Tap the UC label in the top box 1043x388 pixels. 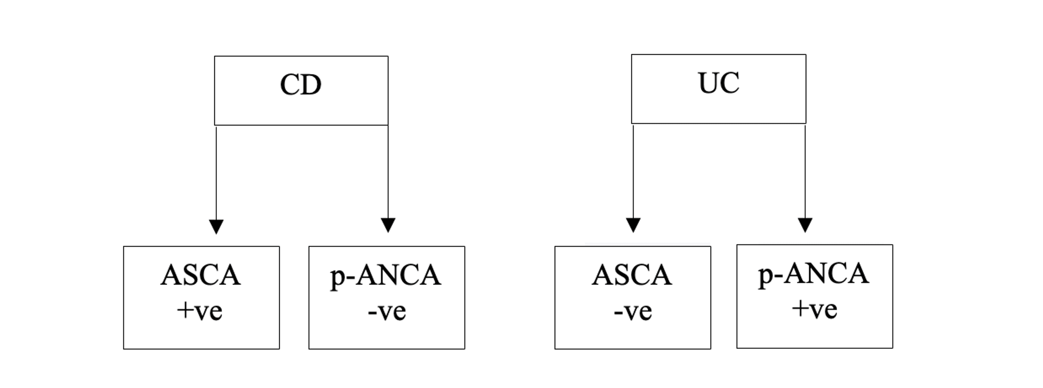tap(719, 83)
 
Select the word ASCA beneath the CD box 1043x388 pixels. tap(201, 275)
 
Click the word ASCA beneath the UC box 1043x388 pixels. tap(632, 275)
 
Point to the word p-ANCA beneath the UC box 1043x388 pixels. tap(814, 274)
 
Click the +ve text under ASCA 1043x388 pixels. tap(200, 311)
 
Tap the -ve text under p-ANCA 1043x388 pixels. tap(387, 311)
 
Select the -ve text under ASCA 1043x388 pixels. tap(633, 311)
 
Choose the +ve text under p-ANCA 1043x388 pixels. tap(815, 309)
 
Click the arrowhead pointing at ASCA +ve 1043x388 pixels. tap(216, 226)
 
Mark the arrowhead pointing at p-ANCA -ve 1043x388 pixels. tap(388, 224)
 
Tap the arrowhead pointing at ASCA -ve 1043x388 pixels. tap(633, 224)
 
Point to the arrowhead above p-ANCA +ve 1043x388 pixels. tap(805, 224)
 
